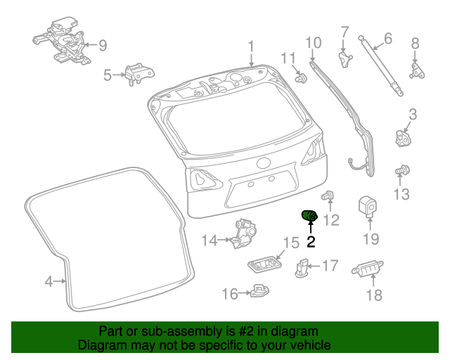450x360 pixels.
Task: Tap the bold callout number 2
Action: click(x=311, y=243)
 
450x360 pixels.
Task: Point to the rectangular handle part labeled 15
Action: click(x=264, y=264)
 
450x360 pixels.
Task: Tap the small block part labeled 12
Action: click(x=328, y=197)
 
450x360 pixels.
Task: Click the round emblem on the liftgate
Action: click(x=263, y=164)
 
